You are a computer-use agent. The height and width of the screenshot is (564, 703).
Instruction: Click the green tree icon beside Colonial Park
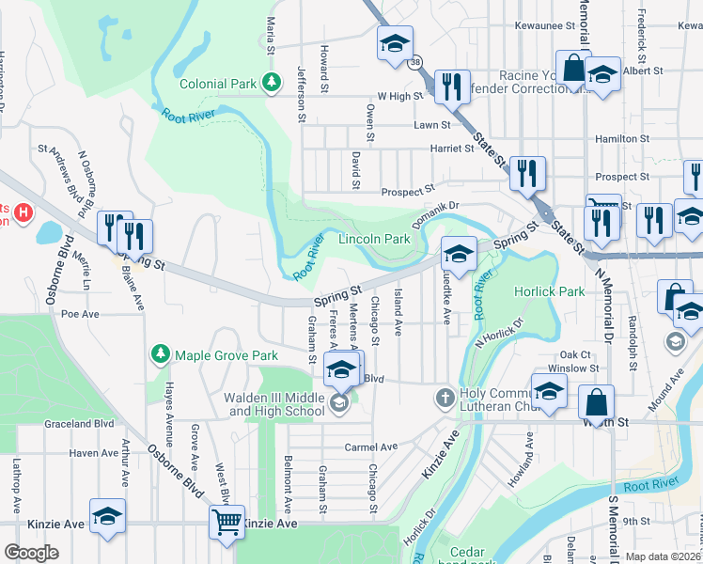coord(272,83)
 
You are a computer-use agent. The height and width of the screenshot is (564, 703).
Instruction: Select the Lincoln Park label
coord(374,239)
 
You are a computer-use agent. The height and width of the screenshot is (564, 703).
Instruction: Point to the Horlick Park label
coord(549,291)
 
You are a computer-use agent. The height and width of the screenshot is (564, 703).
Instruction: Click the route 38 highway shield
coord(415,62)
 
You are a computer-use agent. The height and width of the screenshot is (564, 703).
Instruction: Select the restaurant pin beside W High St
coord(452,87)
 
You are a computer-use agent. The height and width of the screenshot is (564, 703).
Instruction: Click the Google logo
coord(31,553)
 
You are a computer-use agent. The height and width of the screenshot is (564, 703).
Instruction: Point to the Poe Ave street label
coord(80,314)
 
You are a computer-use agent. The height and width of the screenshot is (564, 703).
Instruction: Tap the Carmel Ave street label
coord(371,447)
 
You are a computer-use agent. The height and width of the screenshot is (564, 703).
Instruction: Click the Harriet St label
coord(452,149)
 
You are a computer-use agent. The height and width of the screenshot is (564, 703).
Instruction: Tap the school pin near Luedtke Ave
coord(459,253)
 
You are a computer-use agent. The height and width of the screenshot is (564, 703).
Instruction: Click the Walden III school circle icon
coord(339,405)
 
